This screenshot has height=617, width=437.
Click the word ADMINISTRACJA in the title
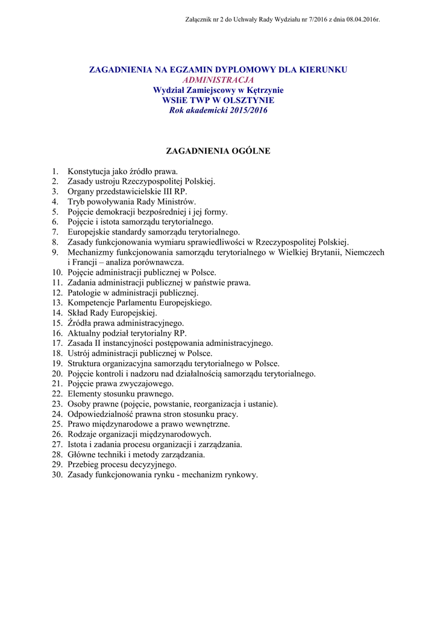pos(218,80)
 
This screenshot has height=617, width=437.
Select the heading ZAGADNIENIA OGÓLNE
pos(218,151)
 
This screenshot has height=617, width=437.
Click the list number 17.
pos(57,343)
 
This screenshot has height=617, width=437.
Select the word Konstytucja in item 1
pos(89,171)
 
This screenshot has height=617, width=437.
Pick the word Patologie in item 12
pos(84,293)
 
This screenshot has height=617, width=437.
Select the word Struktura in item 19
pos(85,363)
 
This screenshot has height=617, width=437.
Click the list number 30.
pos(57,475)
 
